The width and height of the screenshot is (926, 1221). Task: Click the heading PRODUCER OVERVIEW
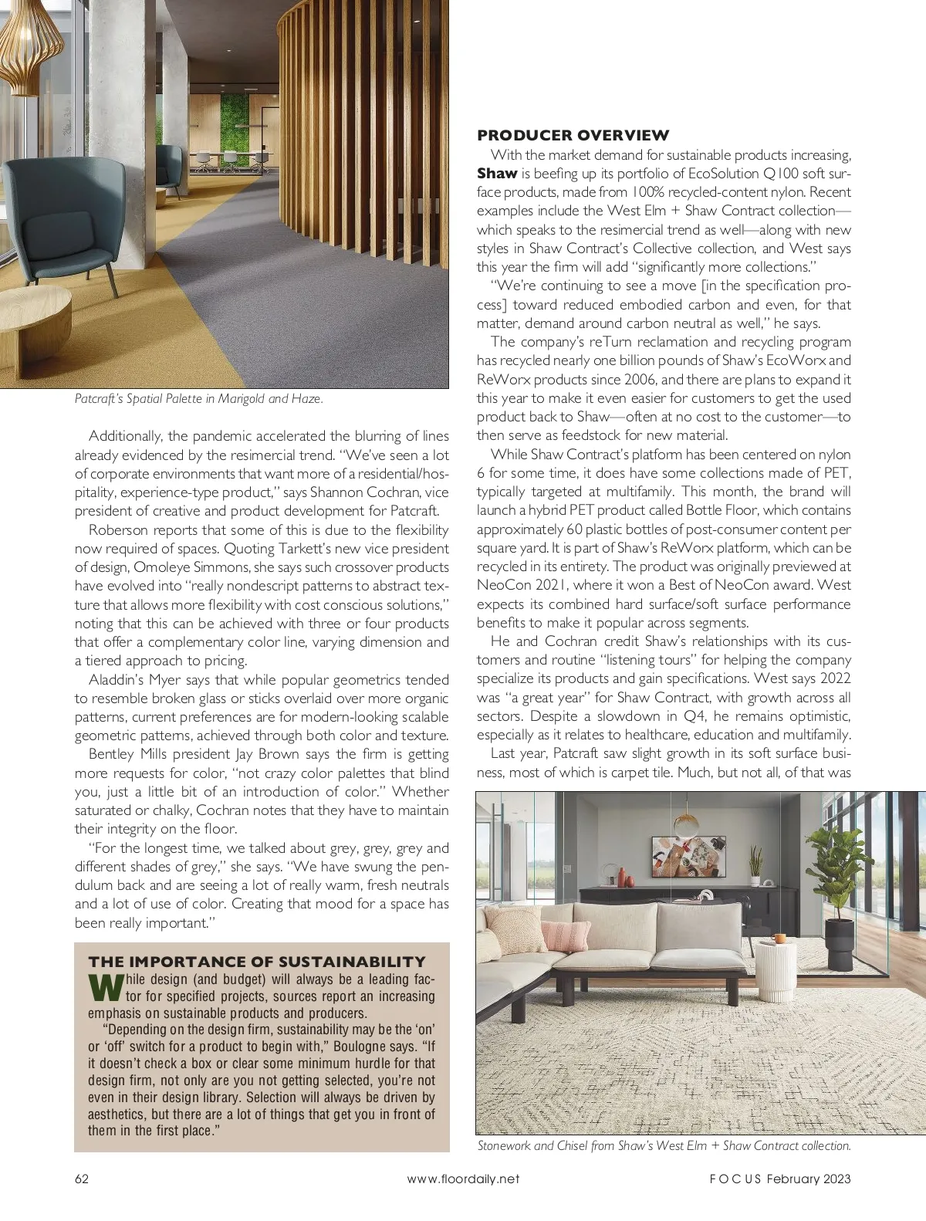573,135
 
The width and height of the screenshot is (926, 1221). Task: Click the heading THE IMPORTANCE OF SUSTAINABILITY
257,962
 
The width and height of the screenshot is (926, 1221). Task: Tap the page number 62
82,1179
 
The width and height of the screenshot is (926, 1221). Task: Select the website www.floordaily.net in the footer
463,1179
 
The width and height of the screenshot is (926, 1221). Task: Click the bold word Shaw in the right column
497,174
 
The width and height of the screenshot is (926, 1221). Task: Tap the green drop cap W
106,988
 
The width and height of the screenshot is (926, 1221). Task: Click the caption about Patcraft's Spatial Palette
198,399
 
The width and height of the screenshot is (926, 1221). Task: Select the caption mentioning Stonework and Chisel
664,1146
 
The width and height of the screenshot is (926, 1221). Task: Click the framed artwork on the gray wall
689,857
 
